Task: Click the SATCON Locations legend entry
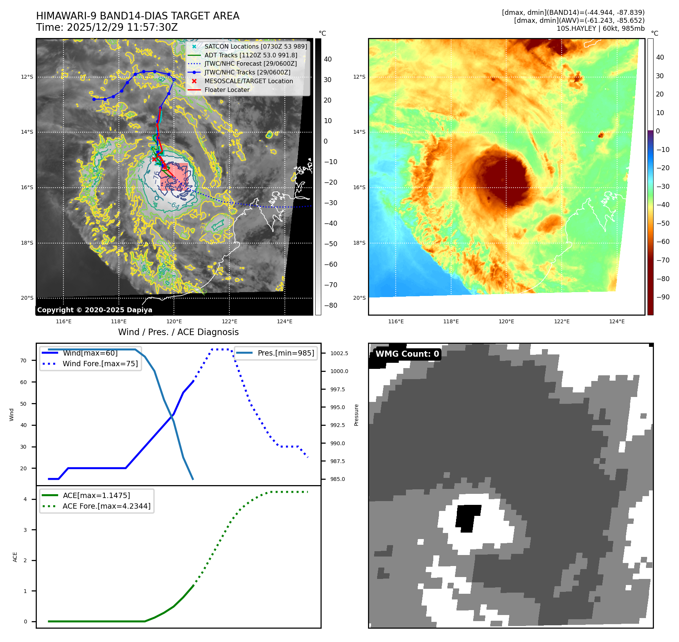click(255, 46)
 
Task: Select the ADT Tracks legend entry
click(251, 55)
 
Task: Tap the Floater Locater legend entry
click(227, 90)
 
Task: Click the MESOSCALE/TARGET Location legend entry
click(248, 81)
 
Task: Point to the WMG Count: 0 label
click(407, 354)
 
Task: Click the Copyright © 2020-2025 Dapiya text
click(95, 310)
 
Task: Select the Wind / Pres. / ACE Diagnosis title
click(178, 332)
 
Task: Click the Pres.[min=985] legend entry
click(286, 353)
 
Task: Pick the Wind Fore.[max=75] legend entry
click(100, 364)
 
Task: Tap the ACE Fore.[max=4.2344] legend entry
click(106, 506)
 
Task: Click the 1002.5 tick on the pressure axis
click(339, 353)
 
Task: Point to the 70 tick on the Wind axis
click(24, 361)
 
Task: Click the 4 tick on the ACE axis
click(25, 499)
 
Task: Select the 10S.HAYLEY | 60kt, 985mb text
click(600, 28)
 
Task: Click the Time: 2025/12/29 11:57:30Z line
click(107, 27)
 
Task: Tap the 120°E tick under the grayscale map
click(174, 321)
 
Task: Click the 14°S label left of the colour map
click(359, 132)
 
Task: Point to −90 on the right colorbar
click(663, 297)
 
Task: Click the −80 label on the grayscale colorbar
click(330, 305)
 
